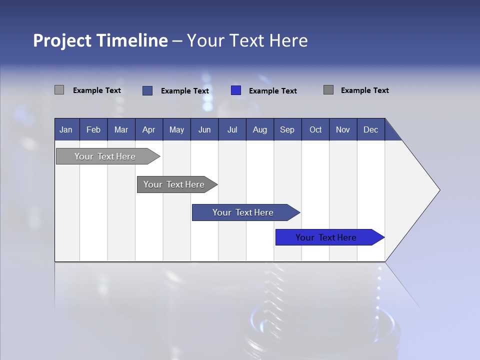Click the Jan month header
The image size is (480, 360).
pyautogui.click(x=66, y=129)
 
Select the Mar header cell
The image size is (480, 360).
pyautogui.click(x=121, y=129)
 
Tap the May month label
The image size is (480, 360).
pyautogui.click(x=176, y=129)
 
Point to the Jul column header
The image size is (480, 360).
pyautogui.click(x=232, y=129)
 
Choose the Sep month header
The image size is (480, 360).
pyautogui.click(x=287, y=129)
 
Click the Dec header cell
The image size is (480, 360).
pyautogui.click(x=370, y=129)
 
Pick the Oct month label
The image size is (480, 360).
pyautogui.click(x=315, y=129)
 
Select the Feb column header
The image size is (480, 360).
pyautogui.click(x=93, y=129)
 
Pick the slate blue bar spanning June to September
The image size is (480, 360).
pyautogui.click(x=243, y=212)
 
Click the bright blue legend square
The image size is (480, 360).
pyautogui.click(x=236, y=90)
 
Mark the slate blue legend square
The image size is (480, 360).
pyautogui.click(x=147, y=90)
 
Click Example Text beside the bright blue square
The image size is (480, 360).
pyautogui.click(x=272, y=91)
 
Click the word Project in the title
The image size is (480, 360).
pyautogui.click(x=62, y=40)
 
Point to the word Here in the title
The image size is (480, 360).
pyautogui.click(x=288, y=40)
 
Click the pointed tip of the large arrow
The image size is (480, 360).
pyautogui.click(x=438, y=190)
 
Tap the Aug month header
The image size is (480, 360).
pyautogui.click(x=259, y=129)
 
